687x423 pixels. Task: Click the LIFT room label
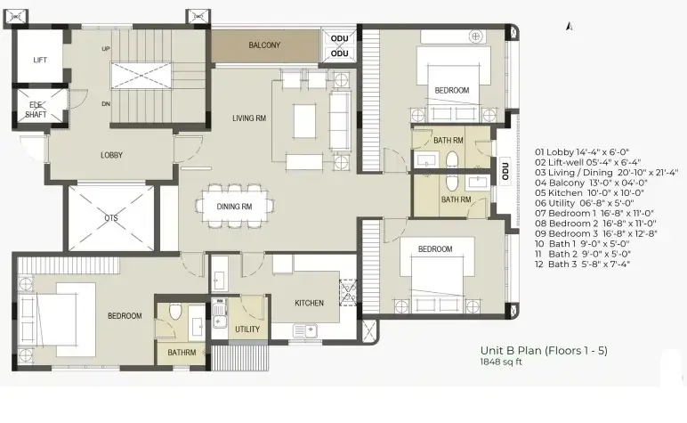(40, 60)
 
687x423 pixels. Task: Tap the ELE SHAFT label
(36, 110)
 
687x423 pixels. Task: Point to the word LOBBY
(112, 155)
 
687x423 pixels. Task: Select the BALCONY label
(264, 45)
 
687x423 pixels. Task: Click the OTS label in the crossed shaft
(111, 218)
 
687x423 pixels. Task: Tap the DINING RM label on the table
(234, 207)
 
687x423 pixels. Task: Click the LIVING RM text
(249, 118)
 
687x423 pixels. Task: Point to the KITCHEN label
(310, 304)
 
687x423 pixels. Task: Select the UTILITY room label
(247, 329)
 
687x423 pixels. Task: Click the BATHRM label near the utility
(182, 353)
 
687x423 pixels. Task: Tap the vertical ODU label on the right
(505, 171)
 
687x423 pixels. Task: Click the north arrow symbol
(570, 27)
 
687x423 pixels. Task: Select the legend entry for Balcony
(591, 183)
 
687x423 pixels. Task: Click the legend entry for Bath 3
(582, 264)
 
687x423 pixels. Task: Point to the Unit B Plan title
(544, 351)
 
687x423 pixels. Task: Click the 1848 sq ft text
(501, 362)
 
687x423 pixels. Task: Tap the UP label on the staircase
(106, 49)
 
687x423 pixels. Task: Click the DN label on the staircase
(106, 104)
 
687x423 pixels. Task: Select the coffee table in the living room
(304, 121)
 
